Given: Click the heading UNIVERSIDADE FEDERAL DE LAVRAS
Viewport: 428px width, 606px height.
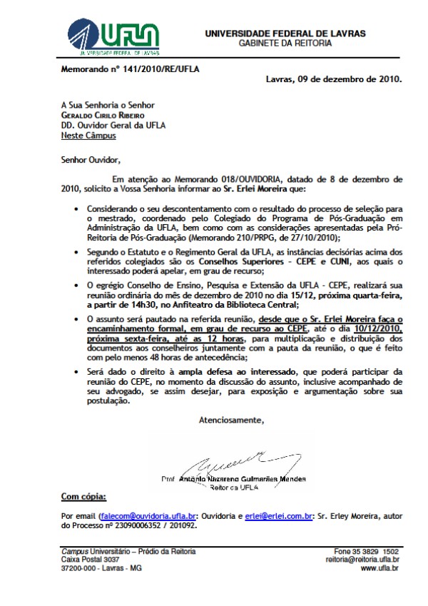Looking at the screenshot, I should (x=285, y=33).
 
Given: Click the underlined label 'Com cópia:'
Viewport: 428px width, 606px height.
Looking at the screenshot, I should (x=83, y=495).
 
